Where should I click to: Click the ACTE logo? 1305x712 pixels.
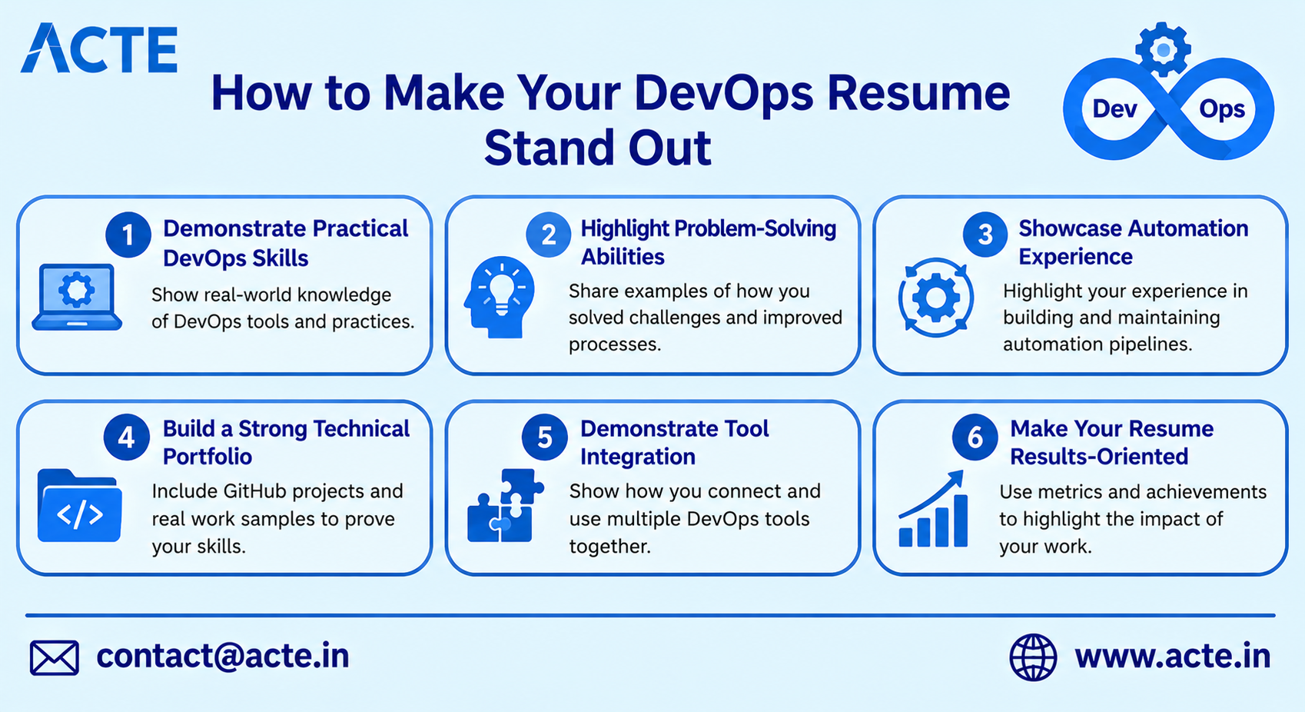(x=99, y=48)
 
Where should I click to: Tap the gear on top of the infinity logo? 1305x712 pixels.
(x=1163, y=49)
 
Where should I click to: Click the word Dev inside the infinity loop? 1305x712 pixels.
(x=1114, y=109)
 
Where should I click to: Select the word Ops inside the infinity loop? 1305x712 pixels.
(x=1222, y=110)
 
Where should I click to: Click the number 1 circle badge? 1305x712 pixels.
(x=128, y=235)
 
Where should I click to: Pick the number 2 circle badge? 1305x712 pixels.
(x=548, y=235)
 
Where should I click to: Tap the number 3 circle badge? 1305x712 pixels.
(x=985, y=235)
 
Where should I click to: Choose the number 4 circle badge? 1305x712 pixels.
(x=126, y=437)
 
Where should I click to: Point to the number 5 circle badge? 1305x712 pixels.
(x=545, y=437)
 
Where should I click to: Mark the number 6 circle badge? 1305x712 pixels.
(x=975, y=437)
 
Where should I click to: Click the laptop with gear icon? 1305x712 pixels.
(x=77, y=297)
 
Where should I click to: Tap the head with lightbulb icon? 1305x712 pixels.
(x=500, y=297)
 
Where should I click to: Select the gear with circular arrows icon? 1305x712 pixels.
(x=935, y=298)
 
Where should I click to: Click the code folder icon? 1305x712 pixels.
(x=79, y=506)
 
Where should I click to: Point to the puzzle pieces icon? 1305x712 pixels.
(x=505, y=506)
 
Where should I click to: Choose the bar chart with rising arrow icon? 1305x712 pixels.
(x=933, y=509)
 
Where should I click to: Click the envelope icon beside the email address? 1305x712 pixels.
(x=54, y=658)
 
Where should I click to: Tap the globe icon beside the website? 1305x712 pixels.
(x=1033, y=657)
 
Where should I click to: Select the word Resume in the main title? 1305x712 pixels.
(x=918, y=93)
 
